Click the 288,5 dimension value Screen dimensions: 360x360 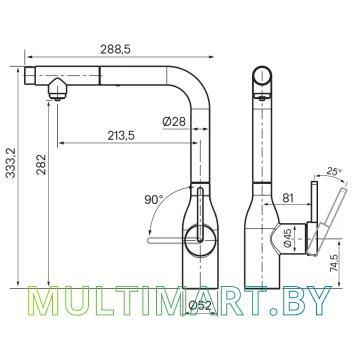tap(115, 49)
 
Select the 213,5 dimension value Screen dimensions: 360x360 tap(121, 136)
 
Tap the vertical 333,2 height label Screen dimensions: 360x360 tap(11, 163)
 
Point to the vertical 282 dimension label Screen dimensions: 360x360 tap(41, 165)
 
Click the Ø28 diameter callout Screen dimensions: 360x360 tap(174, 122)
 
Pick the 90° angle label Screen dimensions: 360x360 tap(154, 200)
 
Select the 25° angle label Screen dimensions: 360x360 tap(335, 172)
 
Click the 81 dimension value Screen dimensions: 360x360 tap(287, 198)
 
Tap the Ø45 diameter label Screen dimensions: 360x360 tap(289, 237)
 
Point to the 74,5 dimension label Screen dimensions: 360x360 tap(334, 264)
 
